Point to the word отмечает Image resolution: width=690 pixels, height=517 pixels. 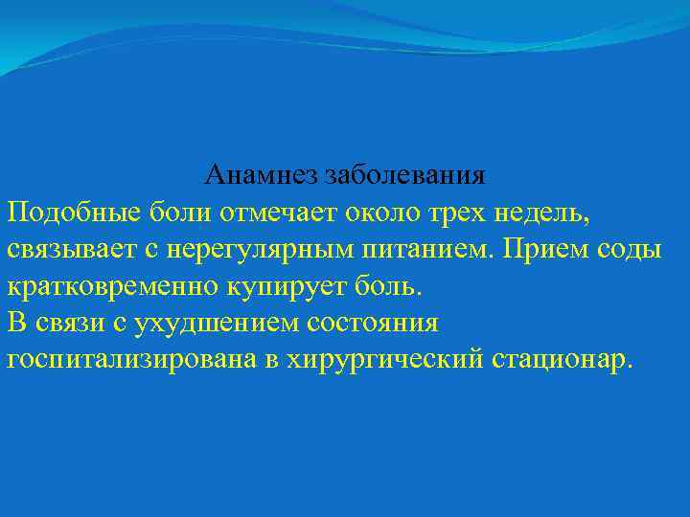277,213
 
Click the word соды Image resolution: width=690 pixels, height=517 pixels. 632,249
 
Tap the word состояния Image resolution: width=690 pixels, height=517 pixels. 375,322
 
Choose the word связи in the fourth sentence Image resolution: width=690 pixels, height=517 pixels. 64,322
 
